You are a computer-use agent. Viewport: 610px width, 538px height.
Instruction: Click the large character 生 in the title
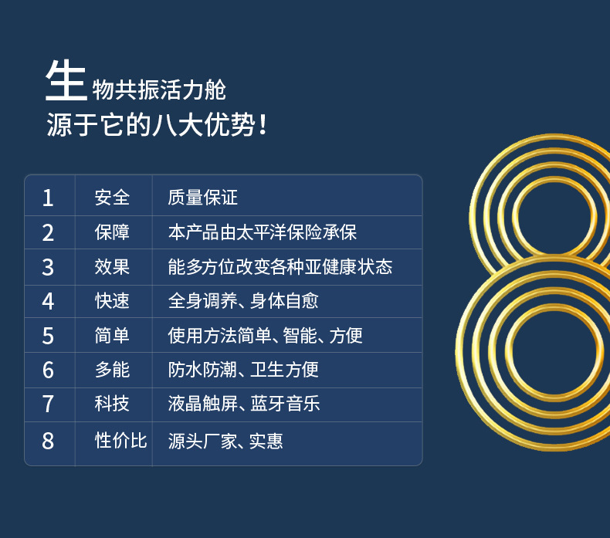(66, 80)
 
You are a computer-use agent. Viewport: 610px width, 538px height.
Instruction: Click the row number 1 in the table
(48, 198)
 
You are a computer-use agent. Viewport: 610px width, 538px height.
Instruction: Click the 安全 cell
(112, 198)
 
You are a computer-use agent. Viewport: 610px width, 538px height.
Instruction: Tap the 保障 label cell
(112, 232)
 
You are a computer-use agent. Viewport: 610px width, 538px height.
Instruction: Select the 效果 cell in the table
(112, 267)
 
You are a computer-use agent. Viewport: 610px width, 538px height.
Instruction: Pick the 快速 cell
(112, 301)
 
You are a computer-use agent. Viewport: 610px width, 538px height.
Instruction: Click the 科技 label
(112, 404)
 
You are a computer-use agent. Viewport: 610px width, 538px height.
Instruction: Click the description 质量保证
(202, 198)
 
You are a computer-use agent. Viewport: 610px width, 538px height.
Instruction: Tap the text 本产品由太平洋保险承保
(263, 232)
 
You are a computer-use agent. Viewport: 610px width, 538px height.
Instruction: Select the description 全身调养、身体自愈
(243, 301)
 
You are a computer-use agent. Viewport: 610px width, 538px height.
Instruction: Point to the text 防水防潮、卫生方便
(243, 370)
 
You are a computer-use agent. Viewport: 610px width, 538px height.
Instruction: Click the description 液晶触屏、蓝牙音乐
(244, 404)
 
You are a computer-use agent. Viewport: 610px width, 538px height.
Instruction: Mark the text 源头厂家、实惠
(225, 441)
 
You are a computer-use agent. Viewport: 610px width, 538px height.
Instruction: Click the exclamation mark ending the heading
(263, 124)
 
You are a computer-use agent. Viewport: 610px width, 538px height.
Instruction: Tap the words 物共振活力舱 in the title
(159, 90)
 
